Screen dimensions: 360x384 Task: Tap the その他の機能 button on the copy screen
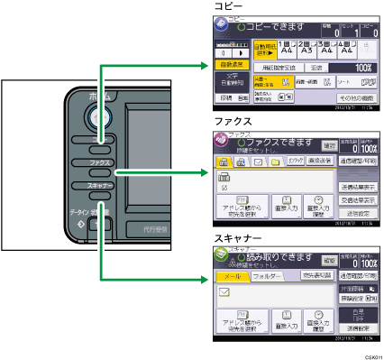355,95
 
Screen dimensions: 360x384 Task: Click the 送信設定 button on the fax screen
356,214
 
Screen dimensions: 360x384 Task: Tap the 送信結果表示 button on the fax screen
356,185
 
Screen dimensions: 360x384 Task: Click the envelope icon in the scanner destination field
224,291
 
